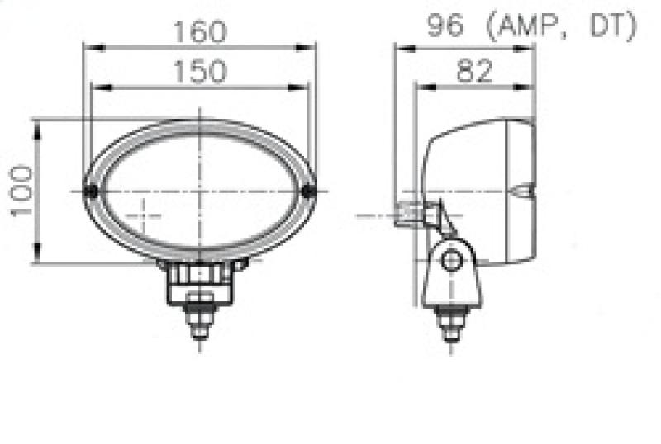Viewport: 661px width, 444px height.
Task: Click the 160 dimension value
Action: click(199, 32)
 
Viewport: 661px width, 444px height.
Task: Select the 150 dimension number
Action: click(199, 72)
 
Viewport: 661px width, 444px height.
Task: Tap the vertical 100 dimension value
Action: click(22, 191)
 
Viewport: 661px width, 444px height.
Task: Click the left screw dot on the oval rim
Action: click(93, 191)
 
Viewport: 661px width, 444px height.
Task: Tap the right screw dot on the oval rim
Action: click(309, 191)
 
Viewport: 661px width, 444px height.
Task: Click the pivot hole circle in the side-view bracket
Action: click(450, 262)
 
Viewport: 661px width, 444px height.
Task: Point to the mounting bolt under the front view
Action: click(200, 318)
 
